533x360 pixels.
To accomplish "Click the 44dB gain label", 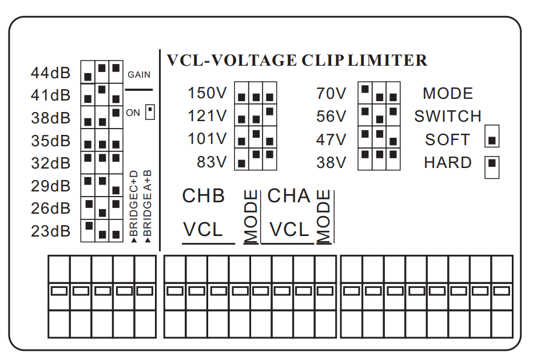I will [x=51, y=73].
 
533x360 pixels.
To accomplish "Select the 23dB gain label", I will [x=51, y=231].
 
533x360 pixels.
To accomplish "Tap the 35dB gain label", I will [x=51, y=141].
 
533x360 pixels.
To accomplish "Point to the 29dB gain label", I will [x=51, y=186].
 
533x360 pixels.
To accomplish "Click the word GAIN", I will [x=139, y=75].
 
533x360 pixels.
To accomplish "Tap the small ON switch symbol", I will [x=150, y=111].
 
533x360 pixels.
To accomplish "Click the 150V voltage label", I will [x=208, y=94].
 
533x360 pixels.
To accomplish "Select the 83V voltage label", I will [x=212, y=162].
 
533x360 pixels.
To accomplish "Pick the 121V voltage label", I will [x=208, y=117].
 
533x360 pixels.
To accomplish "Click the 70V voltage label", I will [x=332, y=94].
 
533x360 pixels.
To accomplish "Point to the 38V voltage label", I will [x=332, y=163].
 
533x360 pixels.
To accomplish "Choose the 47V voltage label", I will [x=332, y=140].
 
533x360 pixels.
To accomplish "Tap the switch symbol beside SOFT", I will [x=492, y=139].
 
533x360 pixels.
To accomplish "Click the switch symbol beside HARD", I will [x=492, y=166].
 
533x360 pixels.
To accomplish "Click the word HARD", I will [x=448, y=163].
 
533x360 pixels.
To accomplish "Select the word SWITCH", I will [x=448, y=117].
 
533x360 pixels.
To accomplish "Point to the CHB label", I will [x=204, y=196].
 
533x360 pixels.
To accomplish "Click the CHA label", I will [x=289, y=196].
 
